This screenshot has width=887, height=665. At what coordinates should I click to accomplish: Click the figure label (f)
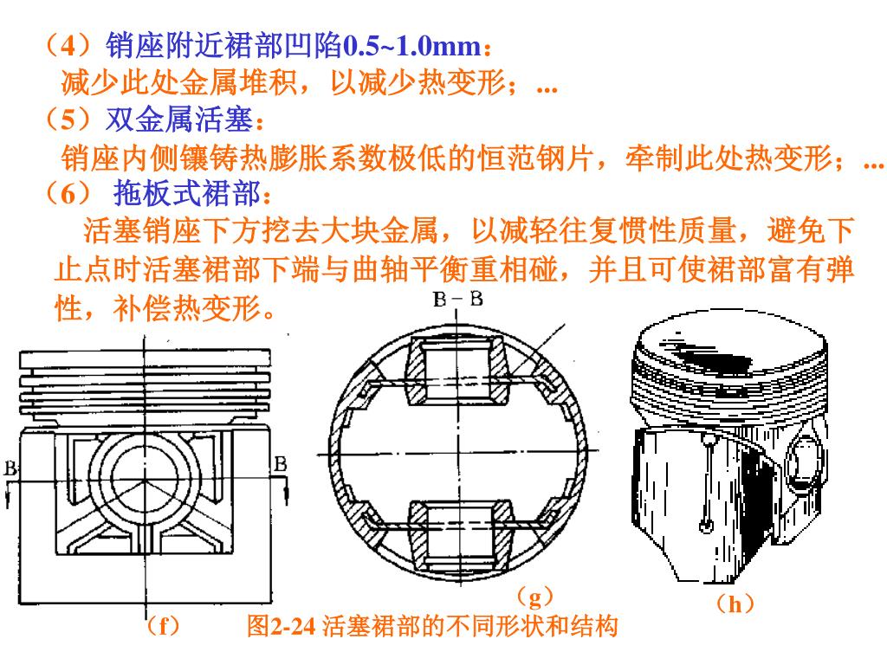[162, 626]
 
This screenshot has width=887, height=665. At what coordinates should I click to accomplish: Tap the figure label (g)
[534, 597]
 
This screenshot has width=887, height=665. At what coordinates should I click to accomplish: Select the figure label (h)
[735, 604]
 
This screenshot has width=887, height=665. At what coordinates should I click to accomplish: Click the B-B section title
[457, 299]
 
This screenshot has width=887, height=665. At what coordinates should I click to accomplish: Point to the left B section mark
[10, 468]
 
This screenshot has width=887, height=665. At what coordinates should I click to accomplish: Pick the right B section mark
[281, 464]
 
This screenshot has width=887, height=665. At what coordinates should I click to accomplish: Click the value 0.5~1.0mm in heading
[412, 46]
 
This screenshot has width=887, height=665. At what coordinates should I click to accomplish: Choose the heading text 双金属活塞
[179, 119]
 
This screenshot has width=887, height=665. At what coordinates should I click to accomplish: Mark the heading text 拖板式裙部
[187, 193]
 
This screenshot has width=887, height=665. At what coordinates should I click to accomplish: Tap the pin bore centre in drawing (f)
[145, 478]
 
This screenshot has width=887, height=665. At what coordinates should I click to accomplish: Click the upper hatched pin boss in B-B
[457, 371]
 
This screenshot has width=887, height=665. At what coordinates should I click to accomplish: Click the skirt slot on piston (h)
[706, 482]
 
